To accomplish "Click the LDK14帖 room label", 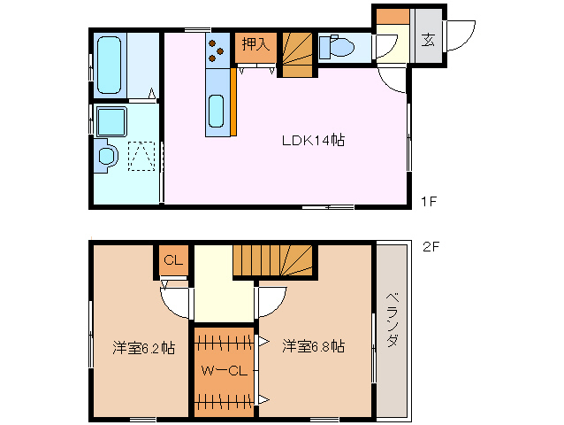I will [312, 140].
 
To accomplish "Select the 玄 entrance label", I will [428, 40].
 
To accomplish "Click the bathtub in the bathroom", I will [111, 64].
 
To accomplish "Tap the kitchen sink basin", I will [217, 112].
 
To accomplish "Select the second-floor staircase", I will [273, 260].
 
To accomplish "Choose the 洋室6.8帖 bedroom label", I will [314, 346].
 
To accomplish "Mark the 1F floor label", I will [428, 202].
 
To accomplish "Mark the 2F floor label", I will [431, 247].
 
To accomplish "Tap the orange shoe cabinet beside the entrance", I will [392, 17].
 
